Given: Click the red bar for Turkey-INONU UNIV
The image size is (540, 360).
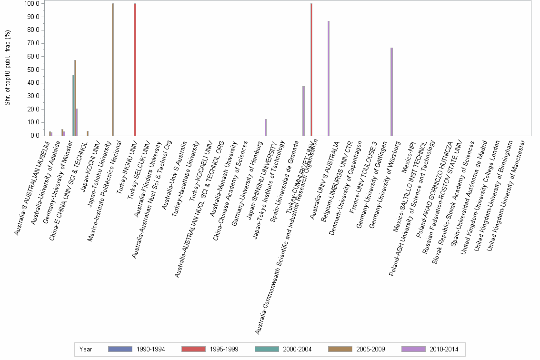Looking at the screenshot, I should pos(135,70).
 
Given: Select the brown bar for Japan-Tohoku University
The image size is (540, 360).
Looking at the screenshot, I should pos(113,70).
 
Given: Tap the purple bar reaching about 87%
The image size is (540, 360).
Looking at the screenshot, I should pos(329,79).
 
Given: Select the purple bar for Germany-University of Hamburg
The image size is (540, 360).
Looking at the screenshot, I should pos(266,127).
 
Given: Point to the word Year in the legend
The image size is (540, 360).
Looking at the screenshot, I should pos(86,350).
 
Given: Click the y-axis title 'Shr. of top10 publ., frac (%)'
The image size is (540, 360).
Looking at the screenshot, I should pos(8,68).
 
